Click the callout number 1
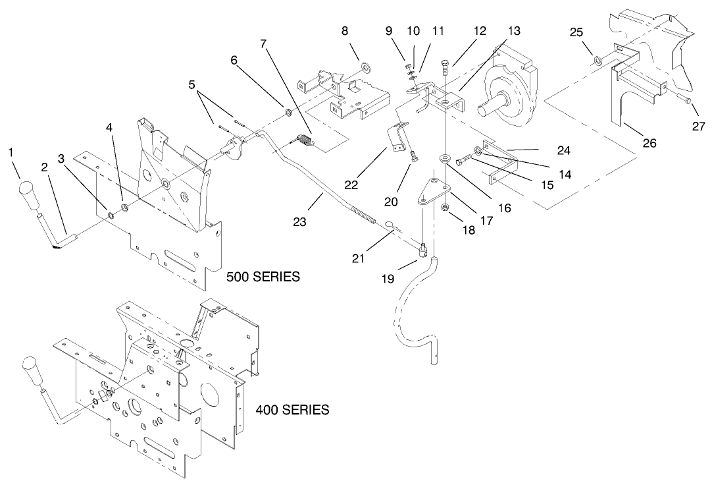point(11,152)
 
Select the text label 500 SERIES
point(263,277)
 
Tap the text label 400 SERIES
point(292,410)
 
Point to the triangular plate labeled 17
point(432,191)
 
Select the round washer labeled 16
point(445,158)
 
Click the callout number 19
point(388,279)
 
